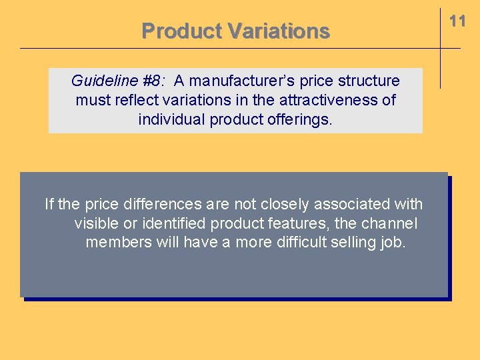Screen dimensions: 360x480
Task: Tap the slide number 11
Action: pos(457,21)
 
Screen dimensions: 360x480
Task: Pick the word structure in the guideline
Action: pos(370,81)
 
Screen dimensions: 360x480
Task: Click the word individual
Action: pos(172,120)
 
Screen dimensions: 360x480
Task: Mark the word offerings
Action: pos(299,120)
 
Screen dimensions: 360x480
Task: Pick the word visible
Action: pos(95,223)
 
